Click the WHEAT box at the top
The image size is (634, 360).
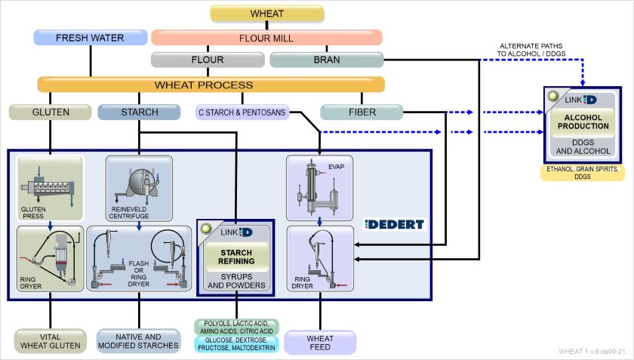pos(266,14)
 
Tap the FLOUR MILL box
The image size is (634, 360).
pos(266,37)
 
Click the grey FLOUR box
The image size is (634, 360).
pos(207,60)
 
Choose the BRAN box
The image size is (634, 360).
pos(326,60)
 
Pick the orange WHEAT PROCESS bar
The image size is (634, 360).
pos(211,85)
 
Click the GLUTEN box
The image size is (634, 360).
pos(51,112)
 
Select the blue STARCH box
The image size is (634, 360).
pos(139,112)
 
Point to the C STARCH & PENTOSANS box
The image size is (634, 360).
pos(242,112)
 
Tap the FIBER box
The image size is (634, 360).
pos(359,112)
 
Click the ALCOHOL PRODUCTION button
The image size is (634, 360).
pos(585,124)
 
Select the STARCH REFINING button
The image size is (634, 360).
pos(236,256)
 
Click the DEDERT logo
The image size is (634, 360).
pos(394,224)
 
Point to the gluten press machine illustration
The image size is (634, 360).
pos(50,181)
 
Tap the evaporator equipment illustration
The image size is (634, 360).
pos(319,186)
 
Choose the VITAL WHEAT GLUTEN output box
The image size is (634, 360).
pos(50,340)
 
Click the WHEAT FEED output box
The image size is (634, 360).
pos(319,342)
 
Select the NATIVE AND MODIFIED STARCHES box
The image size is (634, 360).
pos(139,340)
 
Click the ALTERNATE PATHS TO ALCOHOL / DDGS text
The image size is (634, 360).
pos(531,49)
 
